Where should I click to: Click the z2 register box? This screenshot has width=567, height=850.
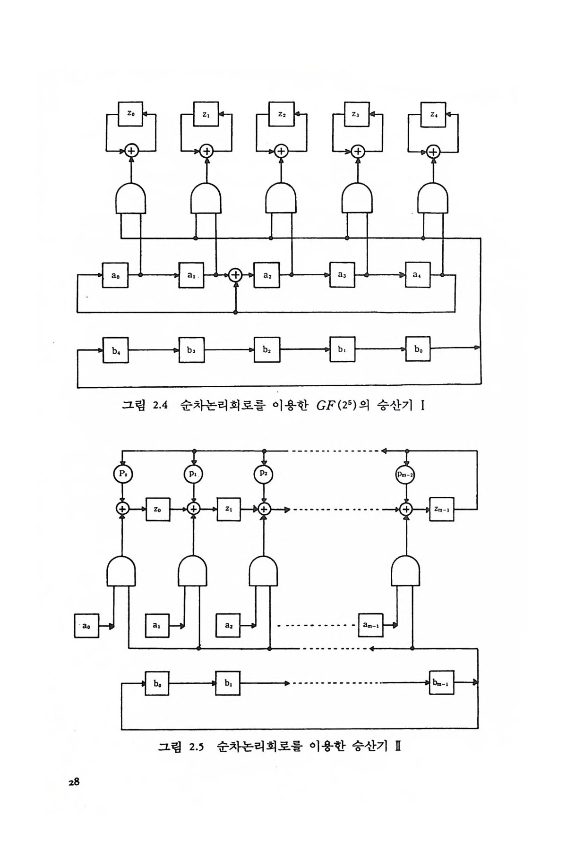pos(281,114)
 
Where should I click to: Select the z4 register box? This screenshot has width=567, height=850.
pos(433,114)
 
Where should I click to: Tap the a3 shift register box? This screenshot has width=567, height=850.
pos(342,275)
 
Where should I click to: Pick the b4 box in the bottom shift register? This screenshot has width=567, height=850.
pos(115,350)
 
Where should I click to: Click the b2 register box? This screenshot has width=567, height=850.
pos(266,350)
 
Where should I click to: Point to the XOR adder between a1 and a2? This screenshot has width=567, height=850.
pos(235,275)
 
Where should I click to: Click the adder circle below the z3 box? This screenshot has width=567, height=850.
pos(358,151)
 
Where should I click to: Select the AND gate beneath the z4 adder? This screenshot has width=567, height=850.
pos(433,198)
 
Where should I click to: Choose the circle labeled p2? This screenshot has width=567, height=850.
pos(264,474)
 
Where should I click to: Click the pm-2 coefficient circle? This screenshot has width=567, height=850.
pos(405,474)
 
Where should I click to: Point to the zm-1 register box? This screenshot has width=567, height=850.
pos(441,509)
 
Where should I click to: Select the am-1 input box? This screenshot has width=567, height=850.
pos(370,625)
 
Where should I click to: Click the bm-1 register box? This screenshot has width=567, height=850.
pos(441,683)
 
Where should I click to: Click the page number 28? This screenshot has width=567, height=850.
pos(73,782)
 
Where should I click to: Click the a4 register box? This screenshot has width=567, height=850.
pos(418,275)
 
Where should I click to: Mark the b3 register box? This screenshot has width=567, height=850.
pos(191,350)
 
